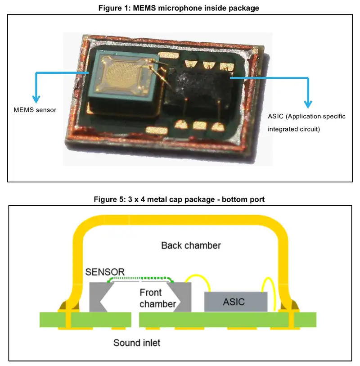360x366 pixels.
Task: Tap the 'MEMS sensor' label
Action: click(x=35, y=110)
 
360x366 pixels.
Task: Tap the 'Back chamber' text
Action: click(x=191, y=245)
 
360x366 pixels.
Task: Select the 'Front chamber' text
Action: click(x=157, y=298)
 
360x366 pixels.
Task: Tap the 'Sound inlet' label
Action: click(x=137, y=343)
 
